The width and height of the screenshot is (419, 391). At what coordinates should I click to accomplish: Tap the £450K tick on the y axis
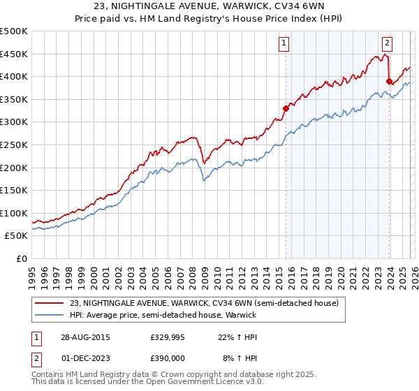(14, 54)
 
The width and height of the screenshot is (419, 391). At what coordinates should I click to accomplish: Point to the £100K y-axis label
(14, 213)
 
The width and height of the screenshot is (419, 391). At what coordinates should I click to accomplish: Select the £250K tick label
(14, 145)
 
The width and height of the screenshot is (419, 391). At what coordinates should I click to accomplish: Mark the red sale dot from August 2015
(286, 108)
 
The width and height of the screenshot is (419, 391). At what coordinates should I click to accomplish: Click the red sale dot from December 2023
(389, 81)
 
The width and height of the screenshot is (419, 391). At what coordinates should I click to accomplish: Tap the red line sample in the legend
(50, 303)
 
